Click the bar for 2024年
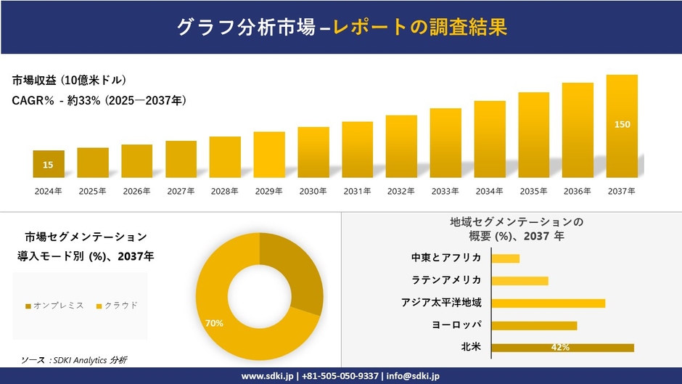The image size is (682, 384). pyautogui.click(x=48, y=164)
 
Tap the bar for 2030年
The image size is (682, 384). pyautogui.click(x=313, y=152)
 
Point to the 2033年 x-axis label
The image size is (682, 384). pyautogui.click(x=445, y=191)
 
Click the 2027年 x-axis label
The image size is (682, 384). pyautogui.click(x=181, y=191)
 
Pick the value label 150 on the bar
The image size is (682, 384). pyautogui.click(x=622, y=125)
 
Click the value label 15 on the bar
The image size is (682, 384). pyautogui.click(x=48, y=166)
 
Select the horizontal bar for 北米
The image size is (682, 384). pyautogui.click(x=562, y=348)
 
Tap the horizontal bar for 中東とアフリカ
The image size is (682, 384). pyautogui.click(x=506, y=258)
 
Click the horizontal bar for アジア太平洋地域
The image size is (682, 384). pyautogui.click(x=548, y=303)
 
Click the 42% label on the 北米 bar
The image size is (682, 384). pyautogui.click(x=560, y=348)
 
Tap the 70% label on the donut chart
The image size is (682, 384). pyautogui.click(x=214, y=322)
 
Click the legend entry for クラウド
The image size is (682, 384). pyautogui.click(x=117, y=306)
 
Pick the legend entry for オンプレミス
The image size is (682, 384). pyautogui.click(x=55, y=306)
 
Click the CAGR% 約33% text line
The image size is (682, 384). pyautogui.click(x=99, y=101)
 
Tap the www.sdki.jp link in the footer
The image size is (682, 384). pyautogui.click(x=267, y=376)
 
